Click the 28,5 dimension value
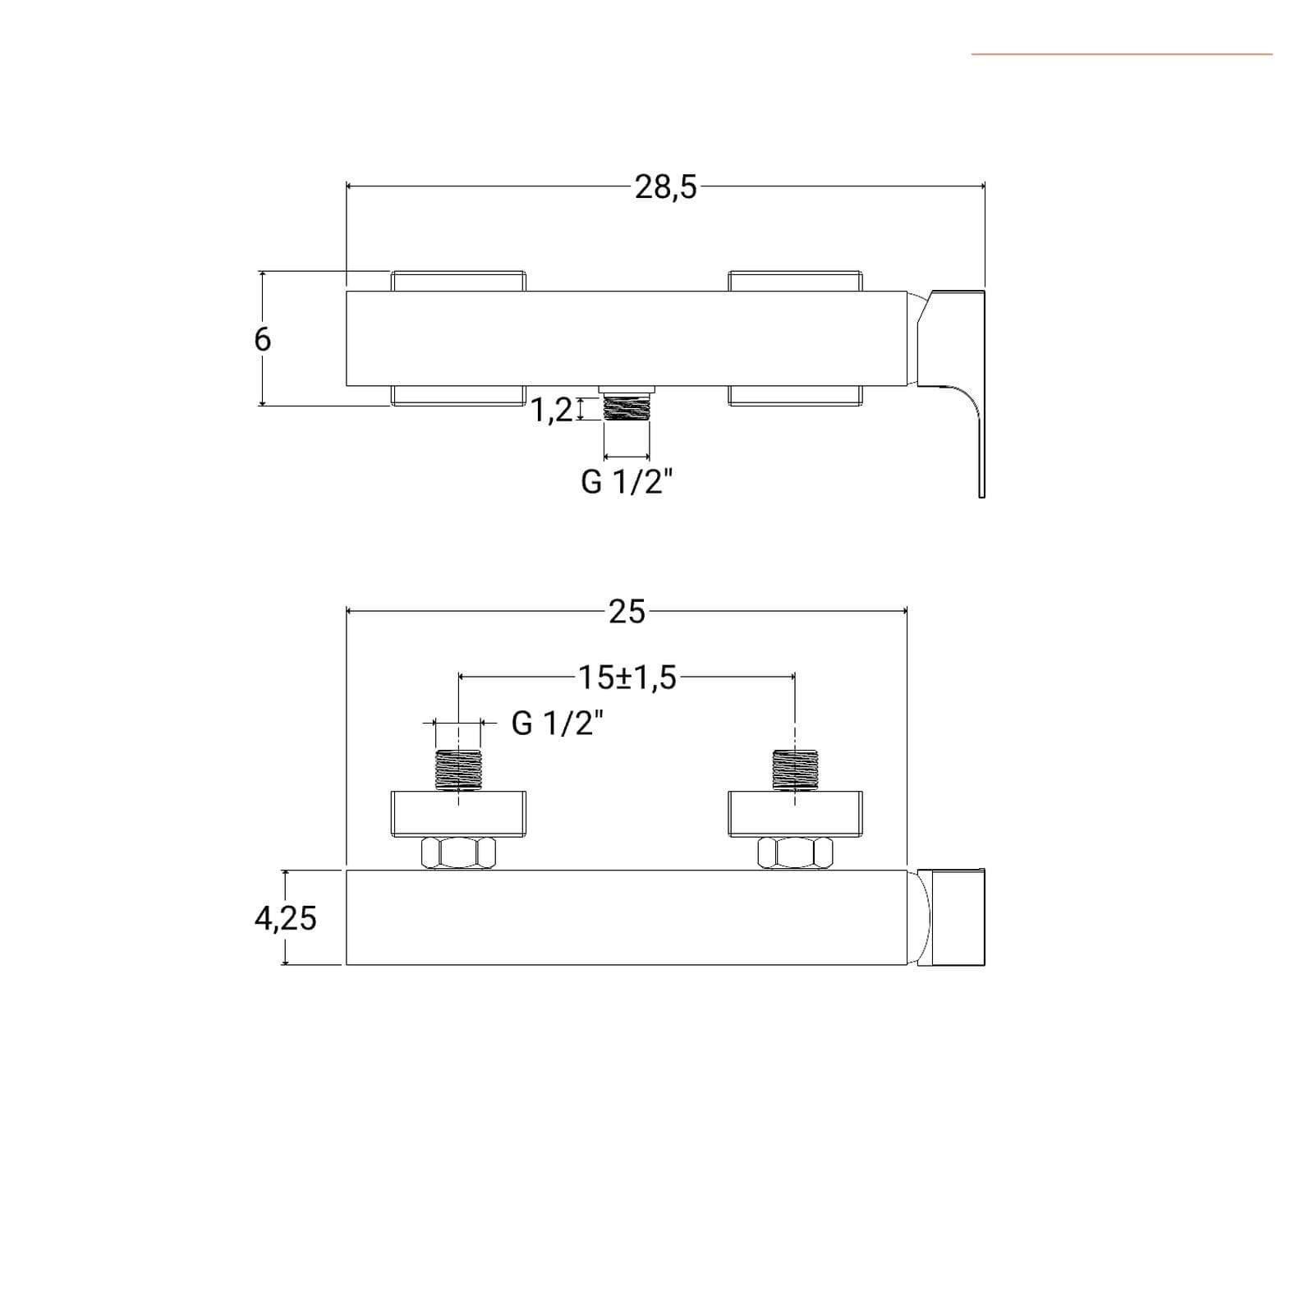[x=665, y=187]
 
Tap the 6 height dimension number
[x=262, y=339]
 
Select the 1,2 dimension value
[x=552, y=409]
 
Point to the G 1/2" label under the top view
[x=627, y=482]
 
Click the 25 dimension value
[x=627, y=612]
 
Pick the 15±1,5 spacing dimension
[x=627, y=678]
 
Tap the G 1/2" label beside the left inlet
[x=558, y=724]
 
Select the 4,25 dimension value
[x=285, y=918]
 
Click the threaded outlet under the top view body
[x=627, y=406]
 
